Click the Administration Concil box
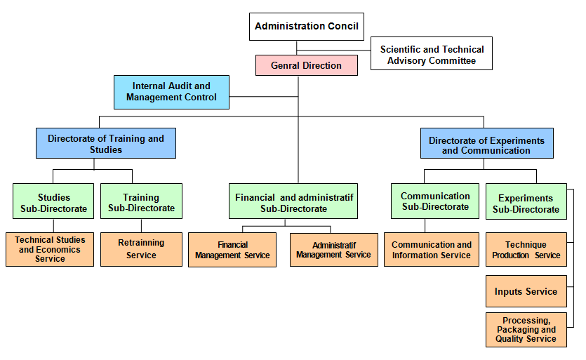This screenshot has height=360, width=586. (307, 27)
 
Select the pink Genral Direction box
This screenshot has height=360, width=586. (307, 65)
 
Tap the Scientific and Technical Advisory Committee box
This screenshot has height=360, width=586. (432, 53)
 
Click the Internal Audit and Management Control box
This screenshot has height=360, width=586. (171, 92)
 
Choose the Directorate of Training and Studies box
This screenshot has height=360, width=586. (106, 143)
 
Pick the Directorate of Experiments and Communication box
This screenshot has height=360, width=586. (486, 143)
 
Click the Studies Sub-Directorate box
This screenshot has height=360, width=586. (53, 201)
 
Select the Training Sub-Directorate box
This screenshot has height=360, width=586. (141, 201)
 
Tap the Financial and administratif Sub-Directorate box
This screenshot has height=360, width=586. (293, 201)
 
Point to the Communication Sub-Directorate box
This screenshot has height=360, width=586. (435, 201)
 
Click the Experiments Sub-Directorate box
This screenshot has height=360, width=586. (526, 201)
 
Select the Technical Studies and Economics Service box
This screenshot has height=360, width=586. (50, 249)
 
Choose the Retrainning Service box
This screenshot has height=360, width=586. (141, 249)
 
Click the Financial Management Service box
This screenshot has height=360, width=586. (232, 250)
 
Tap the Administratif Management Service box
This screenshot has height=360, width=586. (334, 250)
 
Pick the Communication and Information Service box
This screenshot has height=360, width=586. (432, 249)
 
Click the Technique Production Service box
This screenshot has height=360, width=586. (526, 249)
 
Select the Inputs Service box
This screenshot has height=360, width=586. (526, 291)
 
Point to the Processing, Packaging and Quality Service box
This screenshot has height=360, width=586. (526, 330)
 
